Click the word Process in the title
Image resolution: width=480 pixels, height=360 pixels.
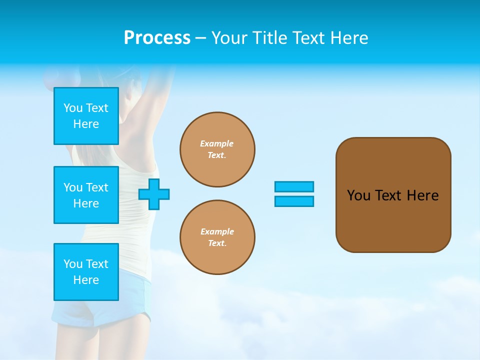tap(157, 38)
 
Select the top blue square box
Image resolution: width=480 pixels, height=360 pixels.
tap(86, 116)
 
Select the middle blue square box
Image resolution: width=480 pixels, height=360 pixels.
tap(86, 195)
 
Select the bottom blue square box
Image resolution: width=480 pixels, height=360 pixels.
tap(86, 272)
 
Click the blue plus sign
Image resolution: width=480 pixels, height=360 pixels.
tap(154, 194)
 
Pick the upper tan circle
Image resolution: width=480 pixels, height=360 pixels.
tap(217, 149)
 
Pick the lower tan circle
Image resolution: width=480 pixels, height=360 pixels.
tap(217, 237)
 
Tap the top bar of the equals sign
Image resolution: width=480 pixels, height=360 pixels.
tap(294, 187)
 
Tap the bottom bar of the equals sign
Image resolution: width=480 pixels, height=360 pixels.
tap(294, 201)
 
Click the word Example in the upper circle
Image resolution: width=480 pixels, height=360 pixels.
tap(217, 143)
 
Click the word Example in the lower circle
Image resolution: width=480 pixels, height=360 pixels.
tap(217, 231)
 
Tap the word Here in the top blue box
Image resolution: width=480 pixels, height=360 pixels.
tap(86, 124)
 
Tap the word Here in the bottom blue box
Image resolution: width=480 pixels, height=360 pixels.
tap(86, 280)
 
